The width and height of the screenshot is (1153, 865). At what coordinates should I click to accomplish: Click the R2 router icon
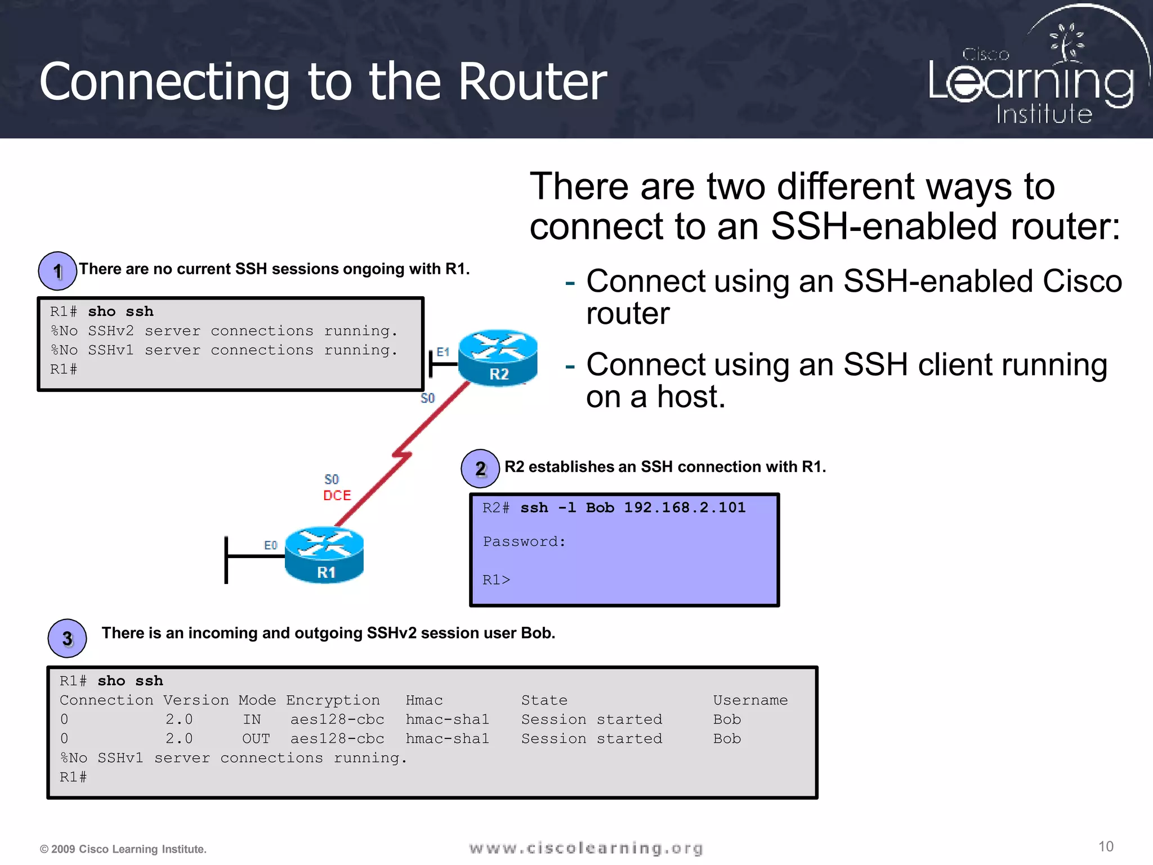point(498,357)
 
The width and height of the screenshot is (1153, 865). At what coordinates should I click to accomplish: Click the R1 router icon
point(324,555)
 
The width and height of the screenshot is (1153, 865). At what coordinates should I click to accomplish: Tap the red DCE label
point(337,496)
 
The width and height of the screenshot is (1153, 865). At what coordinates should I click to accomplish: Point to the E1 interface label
point(443,352)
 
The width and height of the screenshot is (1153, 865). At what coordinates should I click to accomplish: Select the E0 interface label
point(271,545)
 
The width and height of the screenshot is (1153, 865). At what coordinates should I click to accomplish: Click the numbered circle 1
point(57,271)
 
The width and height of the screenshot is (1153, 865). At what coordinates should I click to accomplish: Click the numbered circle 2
point(480,469)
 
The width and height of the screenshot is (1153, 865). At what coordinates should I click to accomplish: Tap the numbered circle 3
point(68,639)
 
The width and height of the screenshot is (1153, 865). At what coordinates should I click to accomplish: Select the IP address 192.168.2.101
point(685,507)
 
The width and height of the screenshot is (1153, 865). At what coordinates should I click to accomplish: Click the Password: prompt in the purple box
point(524,542)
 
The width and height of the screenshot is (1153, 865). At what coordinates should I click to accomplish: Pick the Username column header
point(750,700)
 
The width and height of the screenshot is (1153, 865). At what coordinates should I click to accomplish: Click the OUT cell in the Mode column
point(256,738)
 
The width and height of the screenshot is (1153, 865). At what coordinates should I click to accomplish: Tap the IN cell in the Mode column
point(252,719)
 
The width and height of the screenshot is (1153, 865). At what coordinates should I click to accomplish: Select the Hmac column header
point(424,700)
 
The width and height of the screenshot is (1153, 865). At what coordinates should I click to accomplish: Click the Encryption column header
point(333,700)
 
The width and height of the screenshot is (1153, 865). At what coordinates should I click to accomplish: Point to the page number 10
point(1106,846)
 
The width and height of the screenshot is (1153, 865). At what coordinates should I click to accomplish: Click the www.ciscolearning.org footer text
point(586,848)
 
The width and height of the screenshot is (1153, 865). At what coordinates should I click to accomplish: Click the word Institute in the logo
point(1044,114)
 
